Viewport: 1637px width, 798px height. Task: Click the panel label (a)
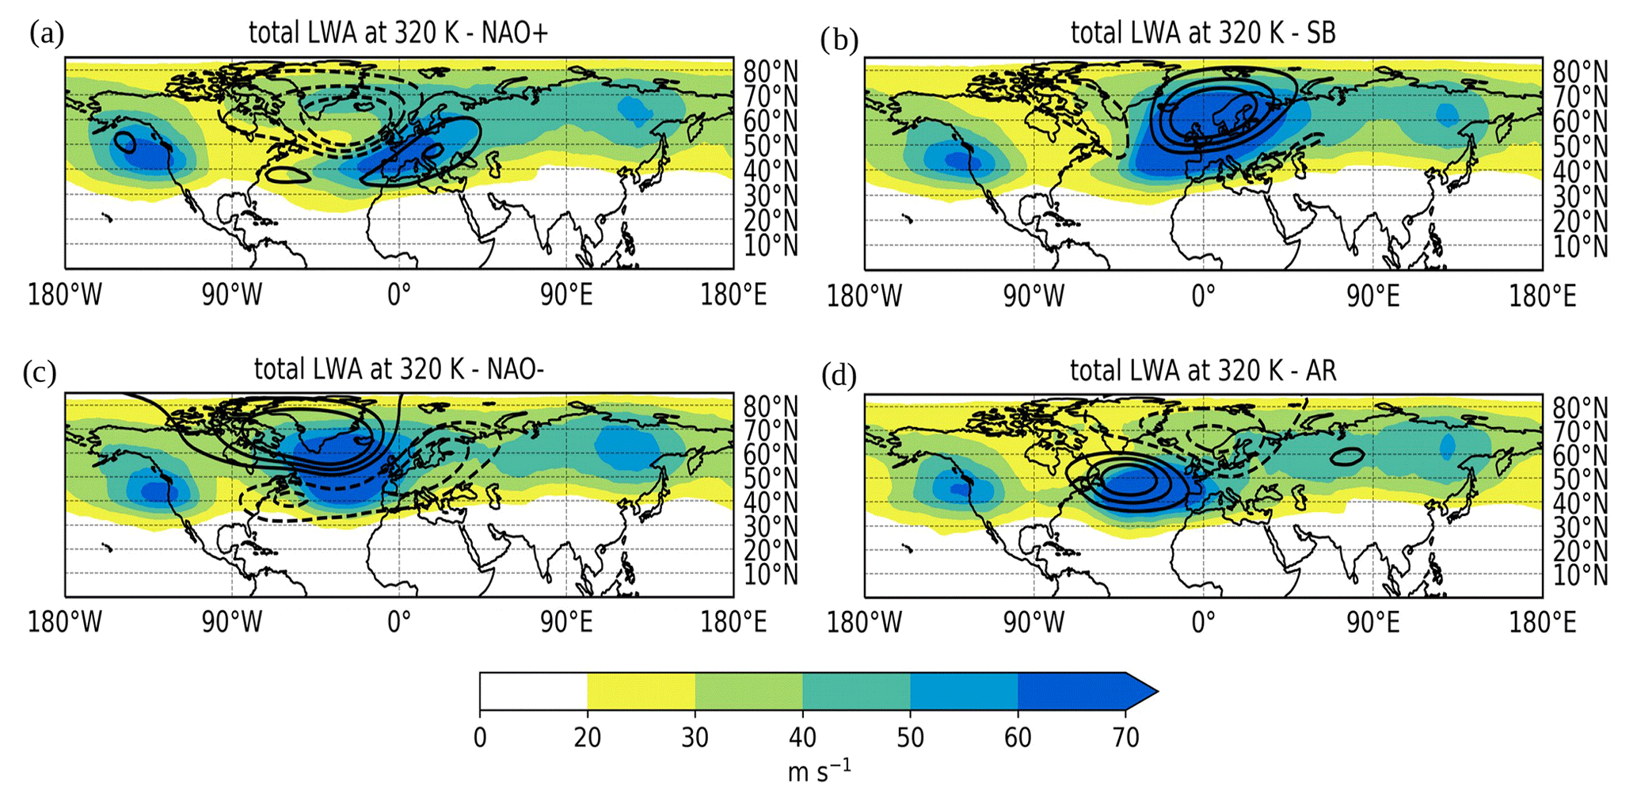pyautogui.click(x=46, y=34)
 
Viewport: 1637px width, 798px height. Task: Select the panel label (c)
pyautogui.click(x=40, y=372)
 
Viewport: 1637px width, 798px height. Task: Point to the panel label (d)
pyautogui.click(x=839, y=375)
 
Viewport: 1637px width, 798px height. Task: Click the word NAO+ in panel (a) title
pyautogui.click(x=514, y=32)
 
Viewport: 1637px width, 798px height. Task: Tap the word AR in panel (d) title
pyautogui.click(x=1319, y=370)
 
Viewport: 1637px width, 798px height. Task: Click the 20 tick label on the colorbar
pyautogui.click(x=587, y=738)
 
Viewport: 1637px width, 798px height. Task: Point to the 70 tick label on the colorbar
pyautogui.click(x=1125, y=738)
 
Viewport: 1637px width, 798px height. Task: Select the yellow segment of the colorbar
pyautogui.click(x=641, y=691)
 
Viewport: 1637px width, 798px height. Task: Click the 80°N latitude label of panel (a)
pyautogui.click(x=770, y=72)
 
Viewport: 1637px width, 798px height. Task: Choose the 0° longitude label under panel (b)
pyautogui.click(x=1203, y=296)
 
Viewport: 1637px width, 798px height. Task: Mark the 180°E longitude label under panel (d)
pyautogui.click(x=1541, y=622)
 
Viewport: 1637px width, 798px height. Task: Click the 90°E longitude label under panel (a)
pyautogui.click(x=566, y=295)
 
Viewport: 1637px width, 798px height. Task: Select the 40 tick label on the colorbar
pyautogui.click(x=802, y=738)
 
